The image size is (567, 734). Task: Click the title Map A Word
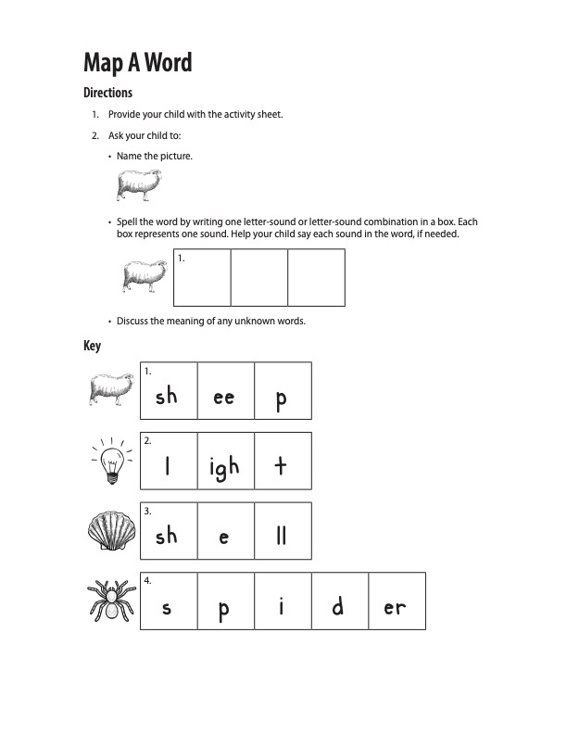pyautogui.click(x=138, y=62)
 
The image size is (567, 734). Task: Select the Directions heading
pyautogui.click(x=108, y=93)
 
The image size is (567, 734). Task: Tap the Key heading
pyautogui.click(x=92, y=346)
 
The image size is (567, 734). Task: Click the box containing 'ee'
pyautogui.click(x=225, y=390)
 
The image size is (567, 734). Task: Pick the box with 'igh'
pyautogui.click(x=225, y=461)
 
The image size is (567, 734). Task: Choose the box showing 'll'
pyautogui.click(x=283, y=531)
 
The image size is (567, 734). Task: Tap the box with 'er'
pyautogui.click(x=397, y=601)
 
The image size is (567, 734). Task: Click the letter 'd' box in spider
pyautogui.click(x=339, y=601)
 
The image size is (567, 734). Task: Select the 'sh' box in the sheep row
pyautogui.click(x=168, y=390)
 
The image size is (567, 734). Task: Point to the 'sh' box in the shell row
pyautogui.click(x=168, y=531)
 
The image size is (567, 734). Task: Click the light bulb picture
pyautogui.click(x=112, y=461)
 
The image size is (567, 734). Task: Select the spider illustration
pyautogui.click(x=111, y=601)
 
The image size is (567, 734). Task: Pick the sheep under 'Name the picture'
pyautogui.click(x=139, y=185)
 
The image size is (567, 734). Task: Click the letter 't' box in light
pyautogui.click(x=283, y=461)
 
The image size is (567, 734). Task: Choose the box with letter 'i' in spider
pyautogui.click(x=283, y=601)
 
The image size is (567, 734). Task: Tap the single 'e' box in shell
pyautogui.click(x=225, y=531)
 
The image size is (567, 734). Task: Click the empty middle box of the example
pyautogui.click(x=259, y=277)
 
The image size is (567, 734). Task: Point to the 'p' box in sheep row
pyautogui.click(x=283, y=390)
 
